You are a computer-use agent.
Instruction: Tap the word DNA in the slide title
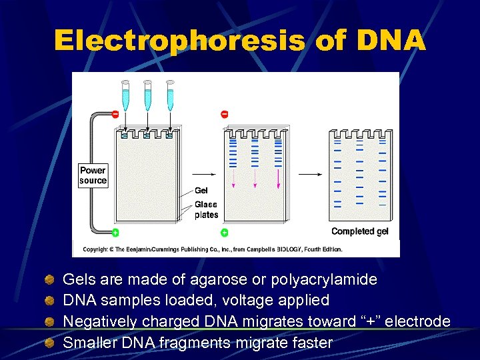[x=391, y=41]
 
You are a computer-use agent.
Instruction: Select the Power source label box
[x=93, y=175]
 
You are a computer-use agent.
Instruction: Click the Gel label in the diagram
[x=201, y=191]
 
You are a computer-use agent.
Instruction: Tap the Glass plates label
[x=206, y=210]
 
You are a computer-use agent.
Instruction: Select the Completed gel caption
[x=360, y=231]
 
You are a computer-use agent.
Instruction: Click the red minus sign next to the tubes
[x=115, y=115]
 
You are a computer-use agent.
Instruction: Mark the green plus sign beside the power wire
[x=115, y=232]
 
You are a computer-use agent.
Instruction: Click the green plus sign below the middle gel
[x=224, y=233]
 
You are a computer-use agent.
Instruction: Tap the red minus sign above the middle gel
[x=224, y=115]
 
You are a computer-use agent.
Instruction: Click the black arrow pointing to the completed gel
[x=309, y=174]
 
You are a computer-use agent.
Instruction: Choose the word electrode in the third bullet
[x=417, y=321]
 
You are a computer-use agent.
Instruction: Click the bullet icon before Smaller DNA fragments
[x=49, y=343]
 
